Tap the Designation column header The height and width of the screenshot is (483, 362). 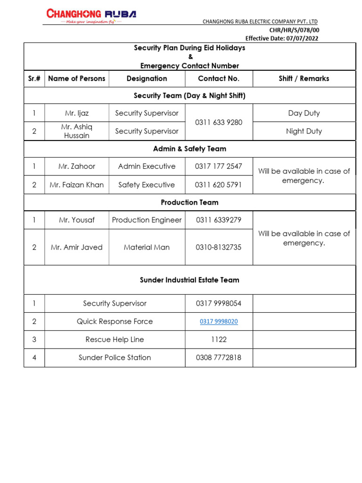[x=147, y=79]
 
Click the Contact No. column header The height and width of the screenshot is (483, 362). [x=219, y=79]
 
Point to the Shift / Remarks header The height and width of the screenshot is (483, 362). [x=304, y=79]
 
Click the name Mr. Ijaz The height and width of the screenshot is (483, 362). [x=77, y=113]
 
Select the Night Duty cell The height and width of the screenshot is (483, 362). [x=304, y=131]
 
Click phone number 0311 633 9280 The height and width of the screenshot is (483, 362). [x=219, y=122]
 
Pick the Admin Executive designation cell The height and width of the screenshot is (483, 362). [x=147, y=167]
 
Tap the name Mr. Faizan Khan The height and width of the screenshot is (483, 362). [x=77, y=185]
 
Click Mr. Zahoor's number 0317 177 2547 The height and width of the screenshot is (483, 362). [x=219, y=167]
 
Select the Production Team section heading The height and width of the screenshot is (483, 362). [x=189, y=202]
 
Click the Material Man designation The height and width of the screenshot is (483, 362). [x=147, y=247]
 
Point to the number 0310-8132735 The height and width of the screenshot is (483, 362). [x=219, y=247]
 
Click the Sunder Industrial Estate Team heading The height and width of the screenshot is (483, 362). [x=189, y=280]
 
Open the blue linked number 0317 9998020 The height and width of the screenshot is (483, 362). [x=219, y=322]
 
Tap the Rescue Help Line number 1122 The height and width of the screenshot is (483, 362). [x=219, y=340]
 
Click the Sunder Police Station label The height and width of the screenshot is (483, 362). [x=115, y=358]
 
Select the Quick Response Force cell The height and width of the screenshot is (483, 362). [x=115, y=322]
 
